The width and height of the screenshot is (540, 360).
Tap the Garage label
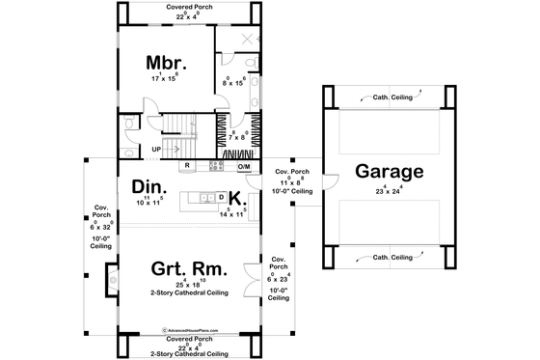390,173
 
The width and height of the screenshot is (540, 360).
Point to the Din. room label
151,187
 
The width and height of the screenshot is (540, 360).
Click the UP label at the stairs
155,149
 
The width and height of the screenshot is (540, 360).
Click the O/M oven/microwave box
243,166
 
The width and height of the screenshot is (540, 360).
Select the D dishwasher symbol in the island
222,198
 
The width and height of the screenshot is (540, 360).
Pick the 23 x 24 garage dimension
390,190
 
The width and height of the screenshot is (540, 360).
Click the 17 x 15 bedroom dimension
163,78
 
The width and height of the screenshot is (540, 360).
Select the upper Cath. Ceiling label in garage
390,97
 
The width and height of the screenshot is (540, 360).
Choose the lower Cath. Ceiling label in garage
390,258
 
